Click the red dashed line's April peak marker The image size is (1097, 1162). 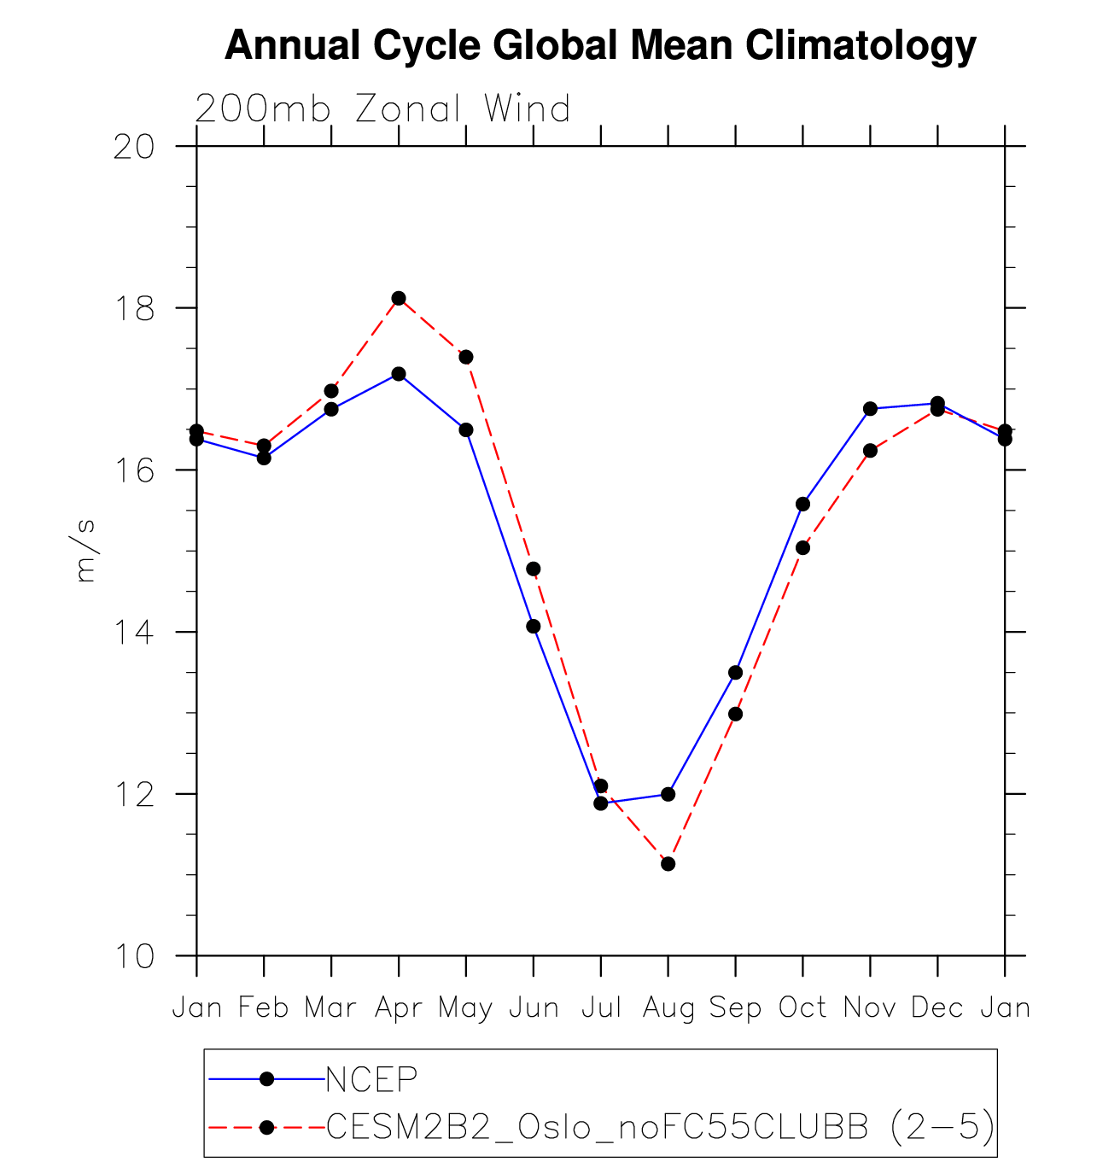[x=399, y=298]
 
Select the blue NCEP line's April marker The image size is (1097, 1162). [x=399, y=374]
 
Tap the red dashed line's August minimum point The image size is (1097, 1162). [x=668, y=864]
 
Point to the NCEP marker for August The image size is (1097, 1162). [x=668, y=794]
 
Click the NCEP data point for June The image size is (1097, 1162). [x=534, y=626]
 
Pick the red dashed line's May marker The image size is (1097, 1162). [x=466, y=357]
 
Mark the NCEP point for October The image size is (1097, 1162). [x=803, y=504]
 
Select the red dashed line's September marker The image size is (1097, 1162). [x=736, y=714]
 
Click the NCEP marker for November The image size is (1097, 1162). [x=871, y=409]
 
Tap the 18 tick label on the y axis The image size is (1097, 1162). [x=134, y=308]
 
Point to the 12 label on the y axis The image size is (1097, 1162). [x=134, y=794]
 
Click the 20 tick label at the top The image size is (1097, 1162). [x=134, y=147]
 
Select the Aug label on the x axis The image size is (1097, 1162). [x=668, y=1009]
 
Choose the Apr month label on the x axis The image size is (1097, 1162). [x=399, y=1009]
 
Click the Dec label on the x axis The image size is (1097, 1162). [x=937, y=1008]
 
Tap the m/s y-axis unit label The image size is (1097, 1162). [x=86, y=551]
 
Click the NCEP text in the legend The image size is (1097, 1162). [x=372, y=1080]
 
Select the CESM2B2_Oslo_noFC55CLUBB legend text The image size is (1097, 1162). [x=598, y=1128]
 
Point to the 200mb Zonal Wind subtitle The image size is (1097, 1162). [x=382, y=109]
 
